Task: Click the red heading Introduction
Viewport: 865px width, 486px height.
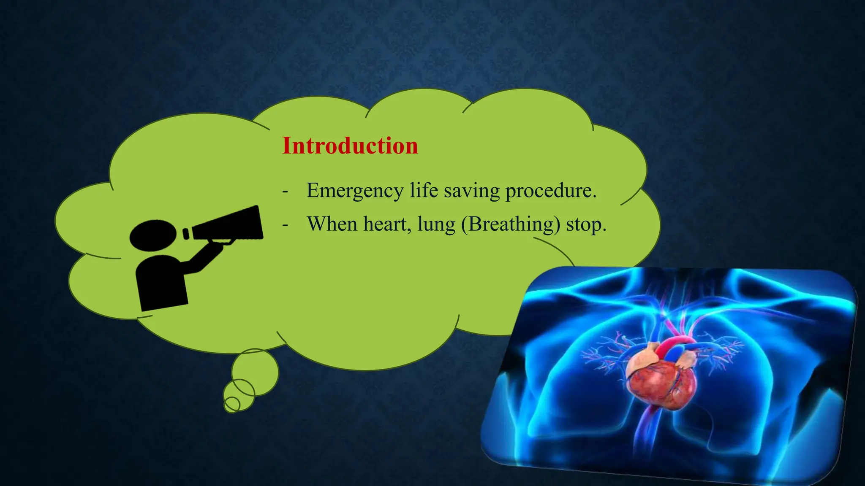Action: coord(350,146)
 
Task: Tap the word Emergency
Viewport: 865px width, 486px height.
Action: coord(355,191)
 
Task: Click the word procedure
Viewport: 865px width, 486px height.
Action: coord(551,191)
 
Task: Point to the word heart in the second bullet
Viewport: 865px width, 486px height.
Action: coord(387,224)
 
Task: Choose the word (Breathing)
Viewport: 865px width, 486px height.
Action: coord(511,224)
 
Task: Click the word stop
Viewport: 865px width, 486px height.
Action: coord(586,224)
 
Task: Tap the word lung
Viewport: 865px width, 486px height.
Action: coord(436,224)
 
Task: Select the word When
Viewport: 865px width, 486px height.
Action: coord(332,224)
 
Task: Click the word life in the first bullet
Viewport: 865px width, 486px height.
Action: coord(424,191)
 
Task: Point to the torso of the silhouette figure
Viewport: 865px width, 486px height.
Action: coord(162,283)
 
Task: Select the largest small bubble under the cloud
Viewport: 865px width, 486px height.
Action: coord(255,372)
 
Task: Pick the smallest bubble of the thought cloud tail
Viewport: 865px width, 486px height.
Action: coord(231,404)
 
